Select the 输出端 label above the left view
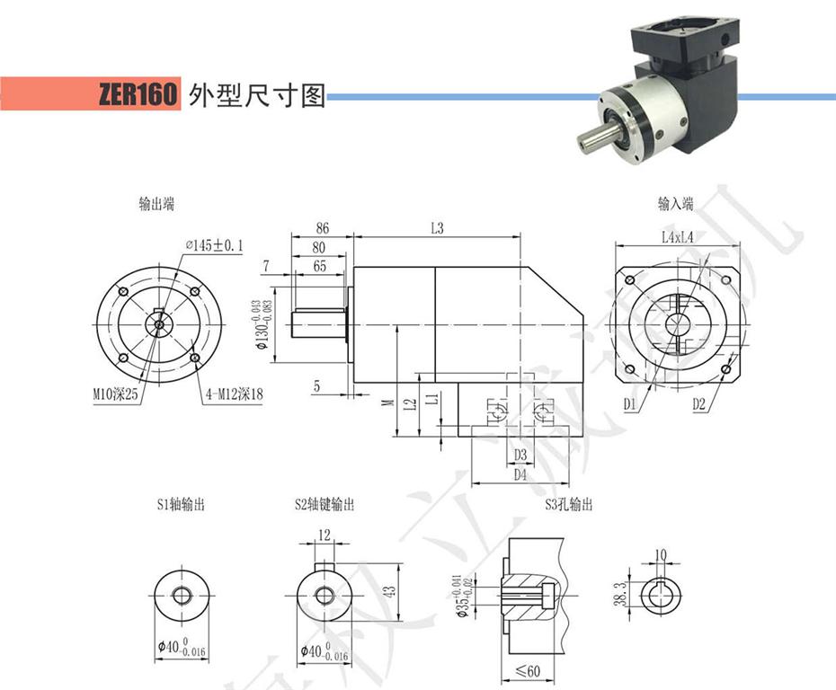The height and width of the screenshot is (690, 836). click(156, 204)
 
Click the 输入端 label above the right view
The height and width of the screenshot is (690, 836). click(675, 204)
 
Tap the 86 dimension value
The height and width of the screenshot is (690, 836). click(323, 229)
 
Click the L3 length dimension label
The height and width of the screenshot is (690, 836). click(437, 229)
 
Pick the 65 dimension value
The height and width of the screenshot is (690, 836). click(320, 266)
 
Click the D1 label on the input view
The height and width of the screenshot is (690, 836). click(630, 404)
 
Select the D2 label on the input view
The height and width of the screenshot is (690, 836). click(699, 404)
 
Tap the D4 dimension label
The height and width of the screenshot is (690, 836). click(520, 474)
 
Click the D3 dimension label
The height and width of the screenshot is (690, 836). click(520, 455)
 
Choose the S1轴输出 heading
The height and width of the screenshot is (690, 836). click(180, 505)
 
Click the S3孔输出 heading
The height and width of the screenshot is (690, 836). click(568, 505)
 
